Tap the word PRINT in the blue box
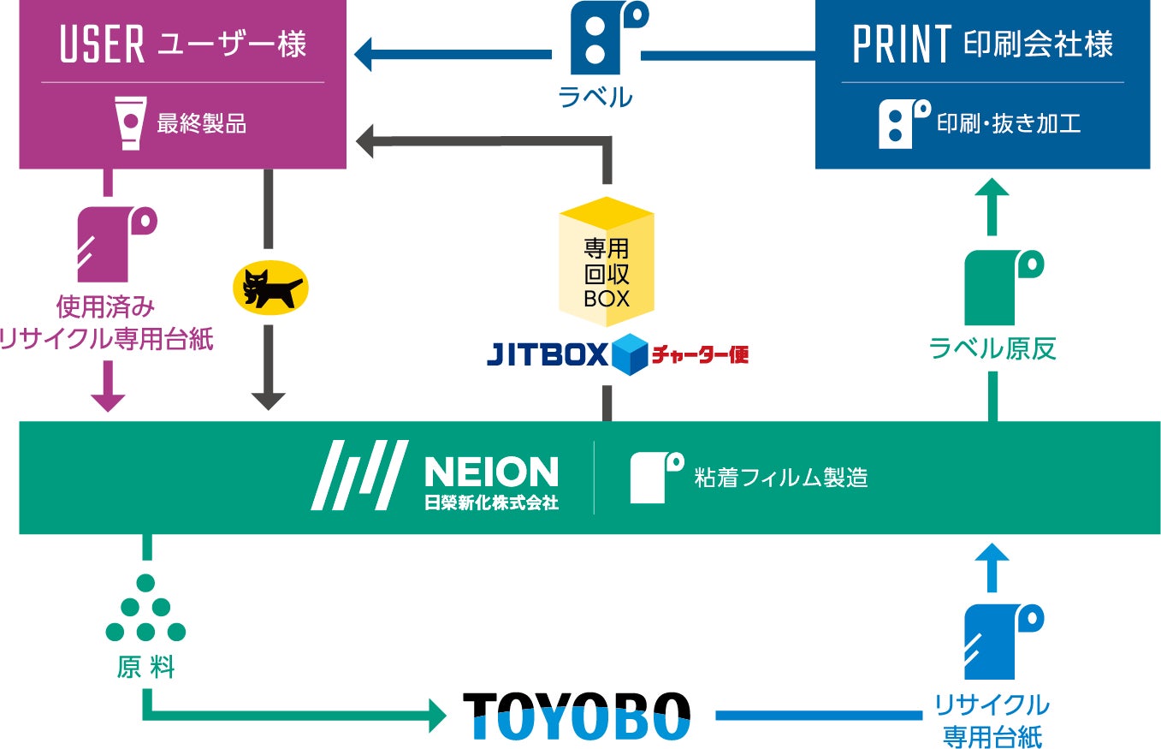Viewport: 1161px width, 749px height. pyautogui.click(x=903, y=45)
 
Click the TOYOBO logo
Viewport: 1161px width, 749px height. pyautogui.click(x=576, y=716)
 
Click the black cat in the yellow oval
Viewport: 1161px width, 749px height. pyautogui.click(x=269, y=287)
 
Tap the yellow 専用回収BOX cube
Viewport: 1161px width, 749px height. pyautogui.click(x=606, y=262)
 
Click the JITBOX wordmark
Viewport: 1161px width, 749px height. pyautogui.click(x=548, y=353)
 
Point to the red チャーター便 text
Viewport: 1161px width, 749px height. pyautogui.click(x=700, y=353)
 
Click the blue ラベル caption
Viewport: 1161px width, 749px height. pyautogui.click(x=595, y=98)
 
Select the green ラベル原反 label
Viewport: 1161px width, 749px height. pyautogui.click(x=992, y=348)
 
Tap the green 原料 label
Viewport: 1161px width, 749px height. pyautogui.click(x=145, y=668)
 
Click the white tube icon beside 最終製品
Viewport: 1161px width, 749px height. pyautogui.click(x=129, y=122)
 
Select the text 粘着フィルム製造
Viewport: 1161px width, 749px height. pyautogui.click(x=781, y=477)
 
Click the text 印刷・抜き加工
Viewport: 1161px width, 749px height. pyautogui.click(x=1009, y=123)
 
